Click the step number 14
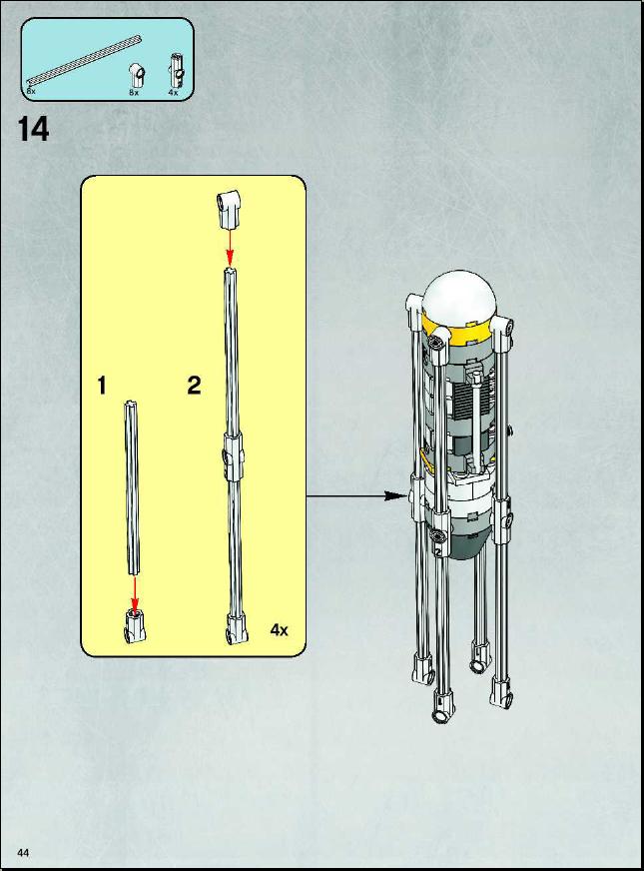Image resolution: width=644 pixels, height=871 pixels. [34, 130]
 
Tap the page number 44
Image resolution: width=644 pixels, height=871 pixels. [23, 852]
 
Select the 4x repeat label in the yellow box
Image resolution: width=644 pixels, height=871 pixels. [280, 629]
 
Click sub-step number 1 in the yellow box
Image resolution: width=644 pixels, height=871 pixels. [102, 386]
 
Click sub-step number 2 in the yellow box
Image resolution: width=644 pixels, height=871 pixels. [194, 386]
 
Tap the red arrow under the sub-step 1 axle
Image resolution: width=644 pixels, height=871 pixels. [135, 593]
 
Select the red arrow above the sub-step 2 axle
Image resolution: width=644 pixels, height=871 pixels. [230, 247]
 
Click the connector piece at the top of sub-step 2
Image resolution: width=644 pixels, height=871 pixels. [230, 209]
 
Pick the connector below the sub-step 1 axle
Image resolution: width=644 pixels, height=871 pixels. [135, 625]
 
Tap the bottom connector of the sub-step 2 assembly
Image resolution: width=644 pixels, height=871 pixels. [236, 629]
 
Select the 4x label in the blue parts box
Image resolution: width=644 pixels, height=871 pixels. [173, 92]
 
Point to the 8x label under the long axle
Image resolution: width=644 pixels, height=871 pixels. [31, 90]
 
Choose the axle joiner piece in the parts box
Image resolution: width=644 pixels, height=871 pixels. [176, 69]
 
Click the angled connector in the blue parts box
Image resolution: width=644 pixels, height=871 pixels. [136, 75]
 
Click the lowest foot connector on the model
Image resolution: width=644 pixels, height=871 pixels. [442, 706]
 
